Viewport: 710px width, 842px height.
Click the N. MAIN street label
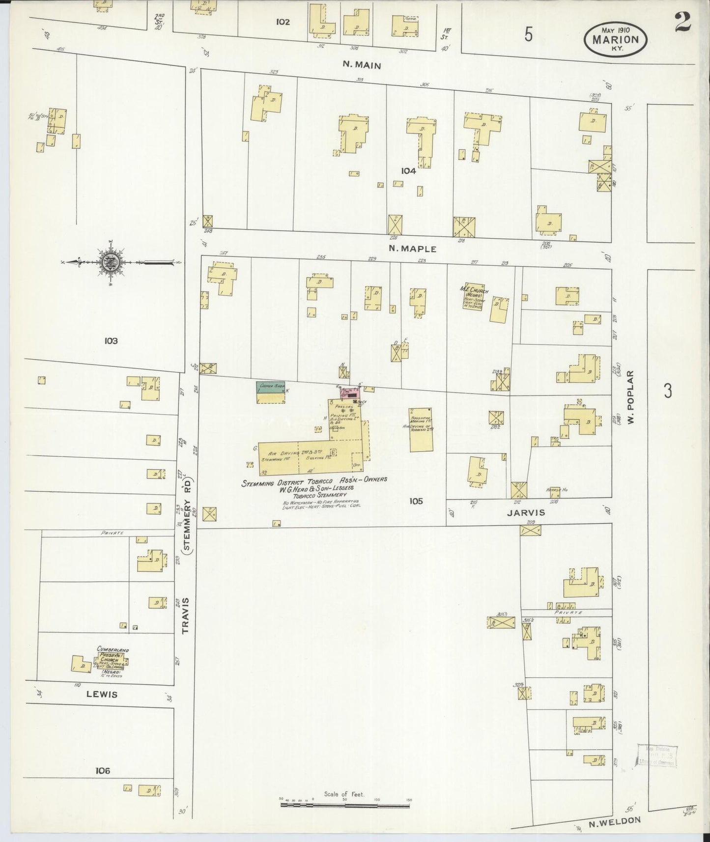[361, 65]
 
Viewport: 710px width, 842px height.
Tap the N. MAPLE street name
[412, 249]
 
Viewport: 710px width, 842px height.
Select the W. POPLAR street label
[632, 397]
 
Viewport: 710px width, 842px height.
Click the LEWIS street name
[102, 695]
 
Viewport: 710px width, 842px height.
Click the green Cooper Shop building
[271, 387]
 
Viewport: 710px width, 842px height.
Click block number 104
[408, 171]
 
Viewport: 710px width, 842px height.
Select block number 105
[415, 501]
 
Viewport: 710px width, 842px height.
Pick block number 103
[111, 340]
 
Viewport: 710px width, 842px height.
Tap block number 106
[103, 771]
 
